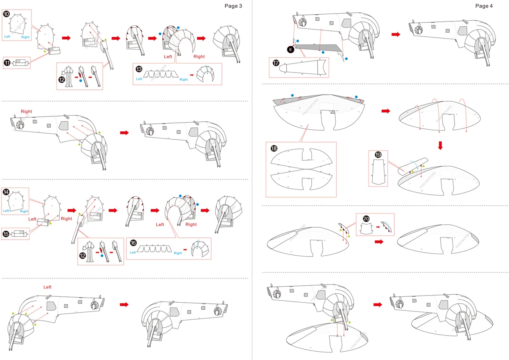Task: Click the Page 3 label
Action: pyautogui.click(x=233, y=6)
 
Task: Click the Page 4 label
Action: pyautogui.click(x=484, y=6)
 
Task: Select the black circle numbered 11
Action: pyautogui.click(x=7, y=62)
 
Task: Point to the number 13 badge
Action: pyautogui.click(x=139, y=68)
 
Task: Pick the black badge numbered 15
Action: pyautogui.click(x=7, y=233)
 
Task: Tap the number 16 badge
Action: pyautogui.click(x=133, y=243)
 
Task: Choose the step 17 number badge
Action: pyautogui.click(x=276, y=63)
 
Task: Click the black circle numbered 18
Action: pyautogui.click(x=274, y=148)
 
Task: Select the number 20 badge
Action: pyautogui.click(x=366, y=218)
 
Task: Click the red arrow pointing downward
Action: pyautogui.click(x=440, y=145)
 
